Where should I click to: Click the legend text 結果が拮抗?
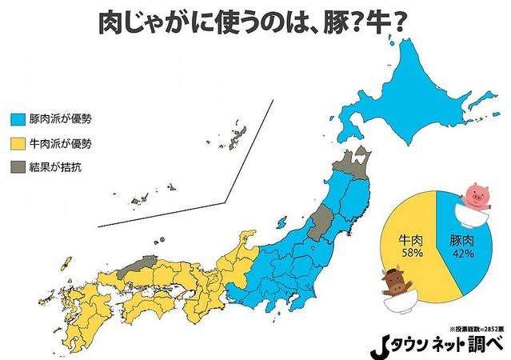pyautogui.click(x=55, y=168)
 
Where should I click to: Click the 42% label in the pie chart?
pyautogui.click(x=464, y=253)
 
